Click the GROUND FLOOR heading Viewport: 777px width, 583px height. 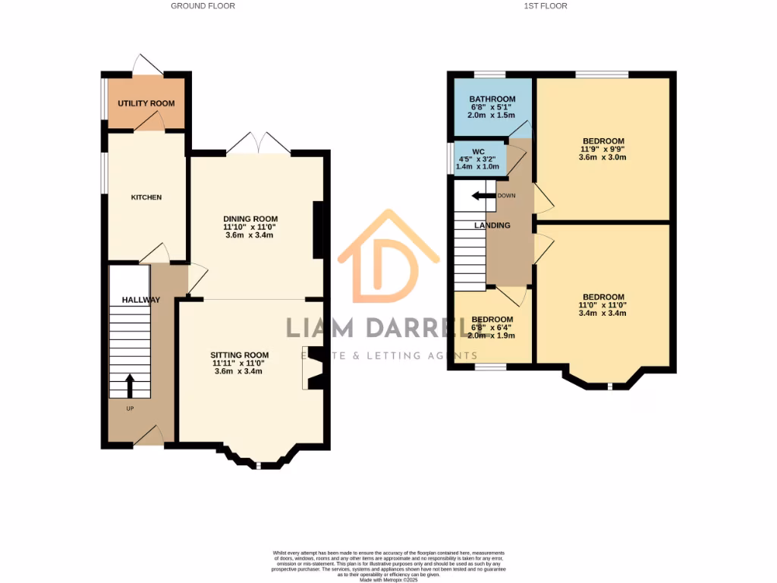[203, 6]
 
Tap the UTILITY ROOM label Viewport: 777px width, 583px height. [146, 103]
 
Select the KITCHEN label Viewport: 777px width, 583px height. [146, 197]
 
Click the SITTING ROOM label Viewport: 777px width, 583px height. [240, 355]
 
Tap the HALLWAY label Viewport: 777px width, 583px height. [141, 300]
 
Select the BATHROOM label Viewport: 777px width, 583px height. [492, 99]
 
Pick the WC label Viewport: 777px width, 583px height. [478, 152]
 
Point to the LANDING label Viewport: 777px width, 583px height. [492, 225]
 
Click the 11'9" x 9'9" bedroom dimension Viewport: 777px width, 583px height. [603, 150]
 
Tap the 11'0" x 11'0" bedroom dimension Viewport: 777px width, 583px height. [603, 305]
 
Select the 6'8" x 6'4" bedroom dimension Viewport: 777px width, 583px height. [492, 328]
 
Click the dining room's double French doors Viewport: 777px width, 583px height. [258, 144]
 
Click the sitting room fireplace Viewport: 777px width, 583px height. [313, 373]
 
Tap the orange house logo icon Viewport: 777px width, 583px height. [388, 258]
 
